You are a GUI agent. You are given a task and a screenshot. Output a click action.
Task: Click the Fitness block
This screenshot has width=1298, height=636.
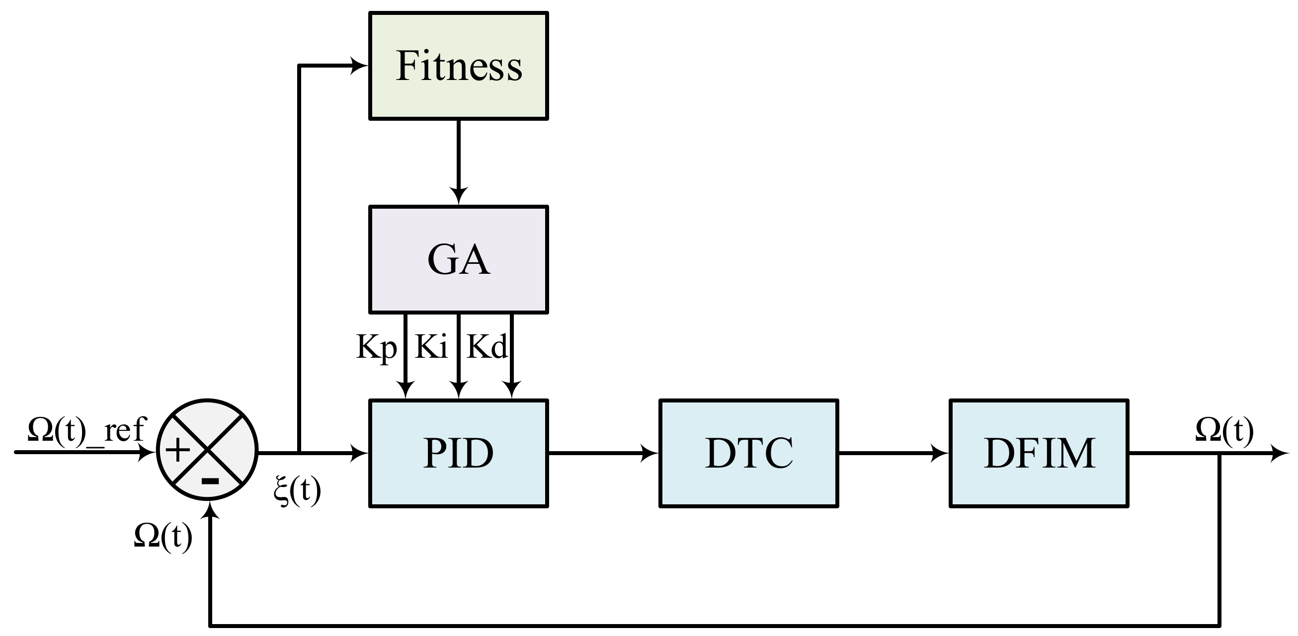pos(458,66)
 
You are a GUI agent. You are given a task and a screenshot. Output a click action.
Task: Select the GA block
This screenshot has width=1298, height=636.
pos(458,259)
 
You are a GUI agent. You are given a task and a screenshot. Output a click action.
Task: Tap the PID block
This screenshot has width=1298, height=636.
pos(458,453)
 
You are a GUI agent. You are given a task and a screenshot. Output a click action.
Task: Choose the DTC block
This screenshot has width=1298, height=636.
pos(749,453)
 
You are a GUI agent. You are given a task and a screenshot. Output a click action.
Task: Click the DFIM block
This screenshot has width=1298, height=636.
pos(1039,453)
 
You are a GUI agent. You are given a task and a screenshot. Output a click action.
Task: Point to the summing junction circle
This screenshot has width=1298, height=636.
pos(207,450)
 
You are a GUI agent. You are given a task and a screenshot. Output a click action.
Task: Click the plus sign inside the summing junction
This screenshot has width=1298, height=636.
pos(177,450)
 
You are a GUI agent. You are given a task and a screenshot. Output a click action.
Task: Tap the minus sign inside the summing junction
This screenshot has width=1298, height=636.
pos(210,481)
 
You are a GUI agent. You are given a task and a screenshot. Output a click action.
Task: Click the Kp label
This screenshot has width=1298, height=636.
pos(376,347)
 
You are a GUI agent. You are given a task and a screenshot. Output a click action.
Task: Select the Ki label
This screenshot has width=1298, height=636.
pos(431,347)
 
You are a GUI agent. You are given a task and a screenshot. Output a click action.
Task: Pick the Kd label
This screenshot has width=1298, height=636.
pos(487,347)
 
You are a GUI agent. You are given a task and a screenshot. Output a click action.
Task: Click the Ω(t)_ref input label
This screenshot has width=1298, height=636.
pos(86,430)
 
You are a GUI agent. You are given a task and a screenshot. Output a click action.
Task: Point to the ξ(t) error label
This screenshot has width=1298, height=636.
pos(297,490)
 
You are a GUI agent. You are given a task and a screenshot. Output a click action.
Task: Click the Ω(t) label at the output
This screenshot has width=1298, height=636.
pos(1224,431)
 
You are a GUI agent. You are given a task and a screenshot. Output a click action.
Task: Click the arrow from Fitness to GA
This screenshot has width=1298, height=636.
pos(458,161)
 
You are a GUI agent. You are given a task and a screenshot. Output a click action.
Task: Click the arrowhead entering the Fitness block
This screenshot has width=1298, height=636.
pos(359,66)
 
